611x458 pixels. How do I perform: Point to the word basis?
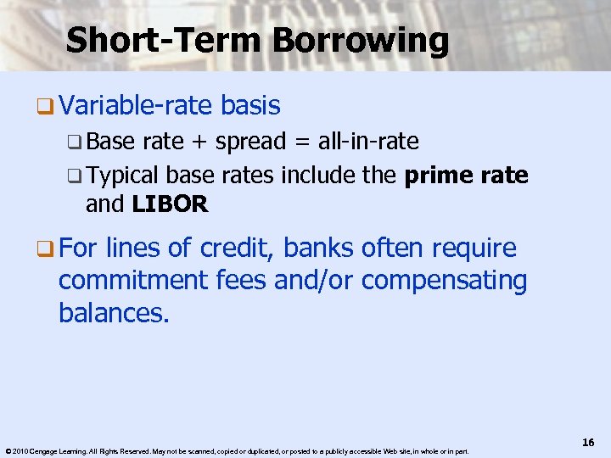[x=249, y=106]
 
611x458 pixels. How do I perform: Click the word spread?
[x=250, y=142]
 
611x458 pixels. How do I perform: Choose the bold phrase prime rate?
[x=467, y=176]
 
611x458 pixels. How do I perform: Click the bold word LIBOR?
[x=170, y=204]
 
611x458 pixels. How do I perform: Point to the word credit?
[x=237, y=249]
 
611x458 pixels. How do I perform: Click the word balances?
[x=114, y=313]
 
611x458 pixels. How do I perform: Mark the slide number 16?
[x=588, y=443]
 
